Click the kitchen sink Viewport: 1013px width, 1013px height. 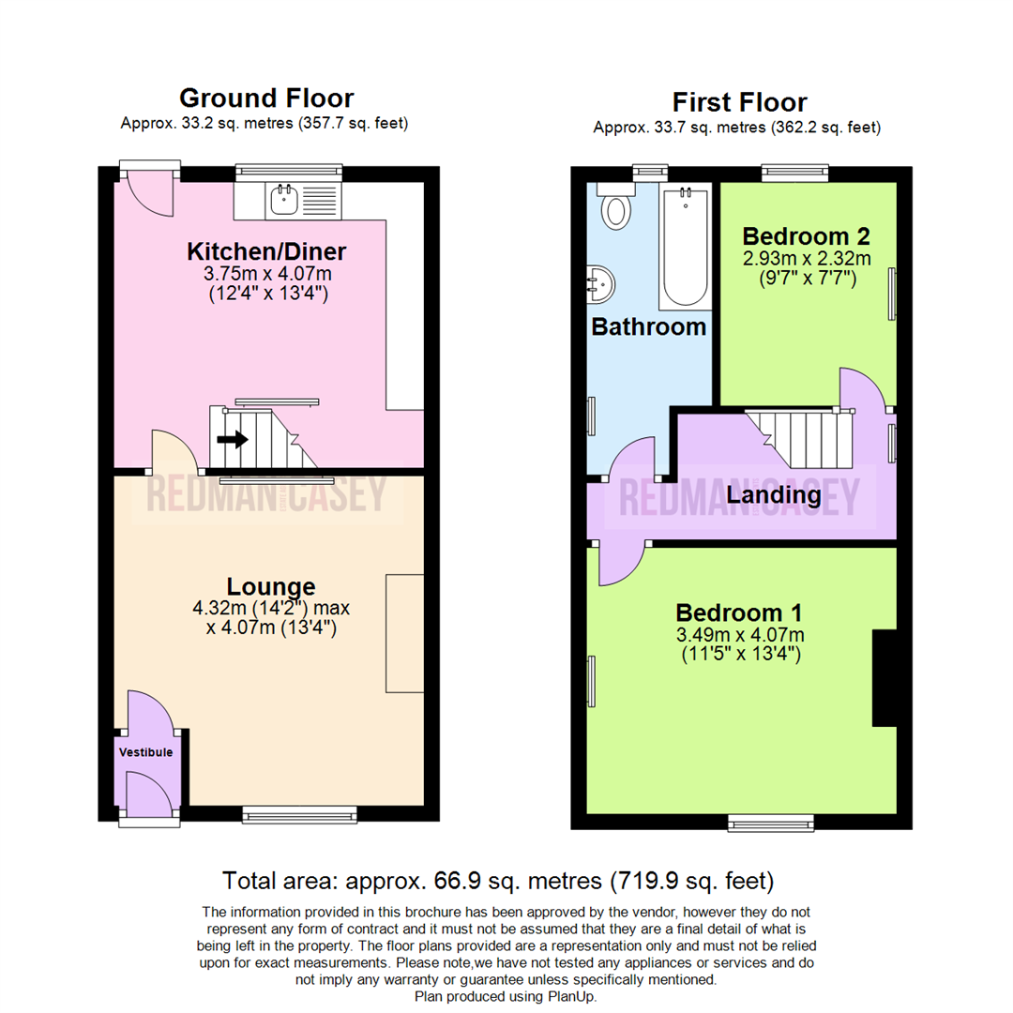[283, 200]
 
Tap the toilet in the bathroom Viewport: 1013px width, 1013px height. [616, 208]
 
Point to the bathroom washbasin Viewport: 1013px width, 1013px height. [600, 281]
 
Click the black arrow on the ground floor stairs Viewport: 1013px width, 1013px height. [233, 439]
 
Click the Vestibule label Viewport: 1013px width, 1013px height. [145, 751]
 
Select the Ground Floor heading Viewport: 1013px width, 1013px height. [266, 98]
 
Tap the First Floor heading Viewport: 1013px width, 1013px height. [740, 102]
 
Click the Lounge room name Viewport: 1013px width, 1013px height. [268, 588]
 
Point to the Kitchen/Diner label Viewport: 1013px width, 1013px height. [267, 251]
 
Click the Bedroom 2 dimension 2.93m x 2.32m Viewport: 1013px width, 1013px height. [807, 259]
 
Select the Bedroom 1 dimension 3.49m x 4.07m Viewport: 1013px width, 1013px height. [739, 636]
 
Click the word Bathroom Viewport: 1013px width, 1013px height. [648, 327]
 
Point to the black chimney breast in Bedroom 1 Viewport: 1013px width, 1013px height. [884, 677]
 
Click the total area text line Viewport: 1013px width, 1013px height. [498, 882]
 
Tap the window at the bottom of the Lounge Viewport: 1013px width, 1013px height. [299, 812]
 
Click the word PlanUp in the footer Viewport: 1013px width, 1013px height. [571, 996]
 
